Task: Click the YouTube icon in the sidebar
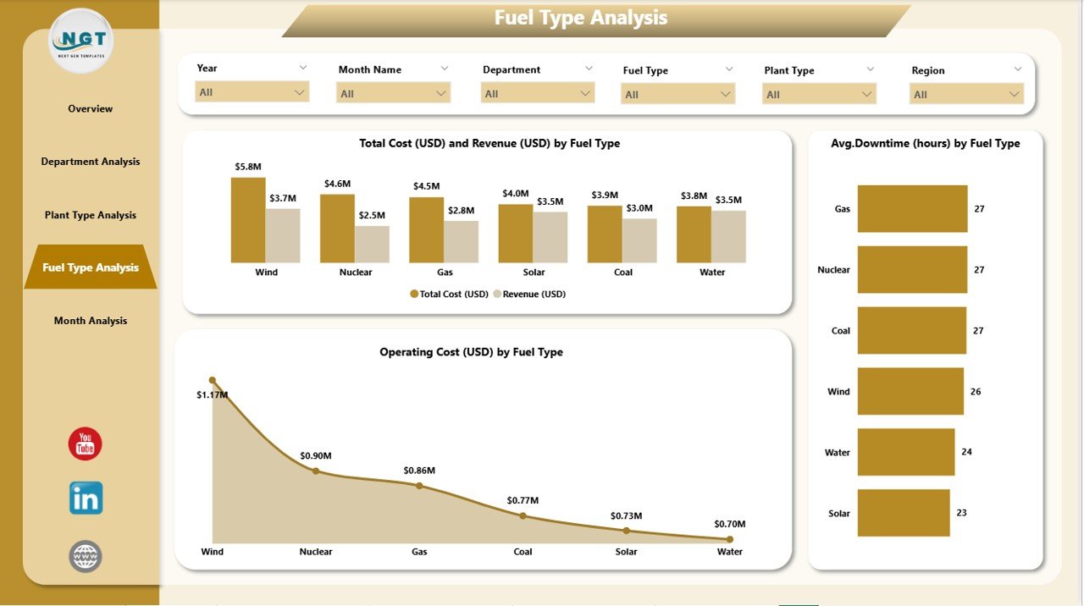coord(85,444)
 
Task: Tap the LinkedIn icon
coord(86,499)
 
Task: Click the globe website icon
coord(86,556)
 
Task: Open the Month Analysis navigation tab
coord(91,321)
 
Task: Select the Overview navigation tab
coord(91,108)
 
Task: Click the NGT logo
coord(81,41)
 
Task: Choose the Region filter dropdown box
coord(966,95)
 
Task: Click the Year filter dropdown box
coord(252,92)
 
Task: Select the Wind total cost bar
coord(248,220)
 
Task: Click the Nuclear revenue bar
coord(372,244)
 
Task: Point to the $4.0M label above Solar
coord(515,194)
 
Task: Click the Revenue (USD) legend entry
coord(534,295)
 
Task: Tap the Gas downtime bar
coord(912,209)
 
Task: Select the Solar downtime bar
coord(904,513)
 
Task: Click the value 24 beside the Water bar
coord(966,452)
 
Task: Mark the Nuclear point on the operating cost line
coord(316,471)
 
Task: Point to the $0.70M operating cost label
coord(728,525)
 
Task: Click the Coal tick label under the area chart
coord(523,552)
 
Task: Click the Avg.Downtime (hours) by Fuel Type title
coord(926,144)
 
